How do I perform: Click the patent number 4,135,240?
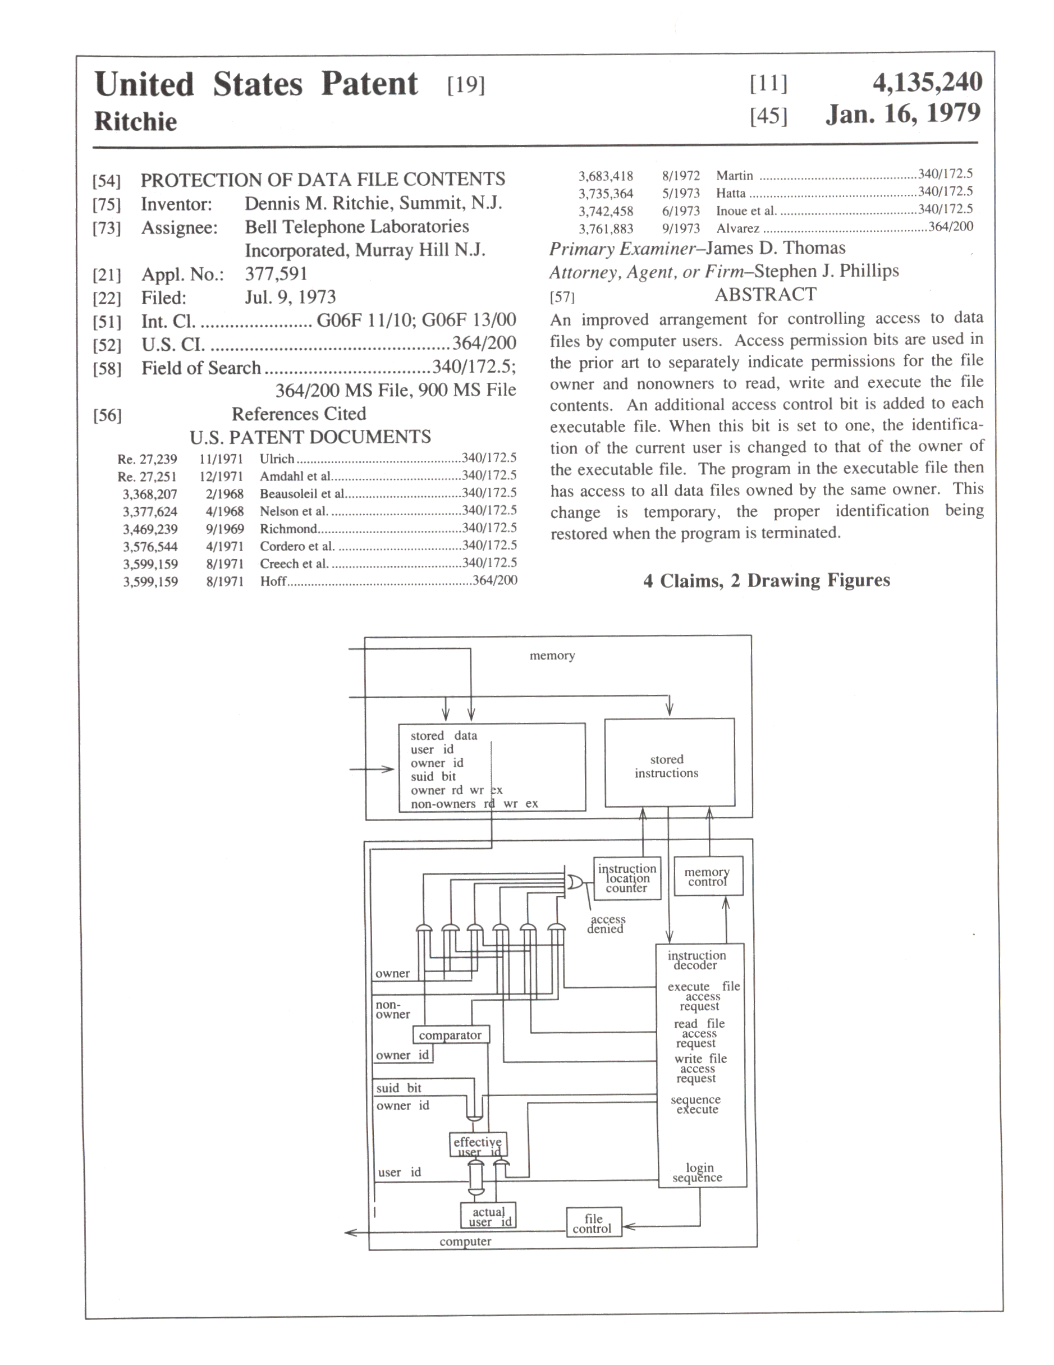[x=927, y=83]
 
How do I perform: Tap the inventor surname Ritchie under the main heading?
[x=136, y=121]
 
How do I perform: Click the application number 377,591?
[x=276, y=274]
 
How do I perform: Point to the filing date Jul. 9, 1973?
[x=290, y=297]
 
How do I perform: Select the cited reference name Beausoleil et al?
[x=302, y=493]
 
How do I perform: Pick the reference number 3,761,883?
[x=605, y=229]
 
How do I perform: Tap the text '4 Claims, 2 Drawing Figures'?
[x=767, y=580]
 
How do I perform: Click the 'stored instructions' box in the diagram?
[x=669, y=763]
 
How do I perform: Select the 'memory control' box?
[x=708, y=876]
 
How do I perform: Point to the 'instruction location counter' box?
[x=627, y=878]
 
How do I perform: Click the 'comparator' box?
[x=450, y=1035]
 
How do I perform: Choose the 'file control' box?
[x=593, y=1223]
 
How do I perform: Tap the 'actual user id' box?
[x=488, y=1216]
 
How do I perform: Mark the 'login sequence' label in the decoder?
[x=698, y=1172]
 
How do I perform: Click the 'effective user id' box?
[x=478, y=1145]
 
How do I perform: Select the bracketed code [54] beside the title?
[x=106, y=181]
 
